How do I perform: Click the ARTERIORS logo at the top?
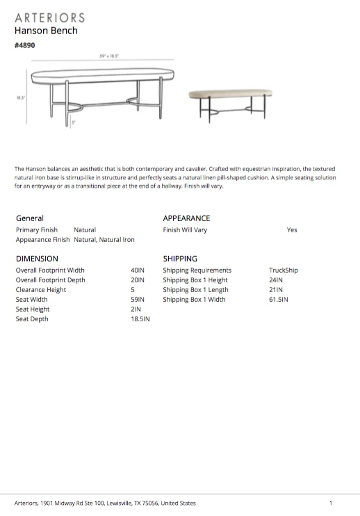coord(49,17)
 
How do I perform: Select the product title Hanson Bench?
coord(46,31)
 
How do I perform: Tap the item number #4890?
coord(24,46)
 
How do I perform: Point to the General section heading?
coord(29,218)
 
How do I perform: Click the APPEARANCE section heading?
coord(186,218)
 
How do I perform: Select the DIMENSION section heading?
coord(37,259)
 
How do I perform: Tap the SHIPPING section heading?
coord(180,259)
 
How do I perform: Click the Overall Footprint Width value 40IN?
coord(138,271)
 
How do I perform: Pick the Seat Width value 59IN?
coord(138,300)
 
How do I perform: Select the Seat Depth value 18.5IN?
coord(140,319)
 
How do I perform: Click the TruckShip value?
coord(283,271)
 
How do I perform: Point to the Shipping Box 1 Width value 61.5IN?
coord(279,300)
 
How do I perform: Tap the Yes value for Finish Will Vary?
coord(292,230)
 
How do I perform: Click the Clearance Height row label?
coord(41,290)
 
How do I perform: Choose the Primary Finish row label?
coord(38,229)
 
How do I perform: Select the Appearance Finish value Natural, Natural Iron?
coord(104,239)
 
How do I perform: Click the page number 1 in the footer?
coord(331,503)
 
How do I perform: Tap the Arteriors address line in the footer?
coord(105,503)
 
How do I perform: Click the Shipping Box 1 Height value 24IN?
coord(276,280)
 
